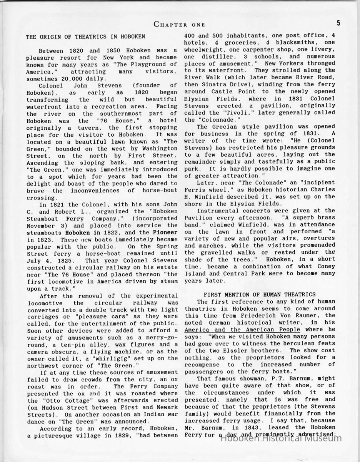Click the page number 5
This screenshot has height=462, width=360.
click(338, 23)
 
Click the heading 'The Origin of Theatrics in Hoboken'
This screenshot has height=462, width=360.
click(85, 37)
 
